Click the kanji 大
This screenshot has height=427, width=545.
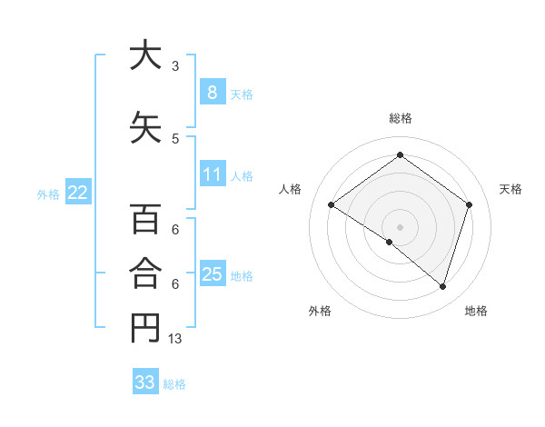click(145, 55)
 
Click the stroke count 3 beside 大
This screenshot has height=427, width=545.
click(175, 66)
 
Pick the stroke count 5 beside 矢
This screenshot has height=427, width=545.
click(175, 139)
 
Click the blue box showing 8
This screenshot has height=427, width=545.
click(212, 92)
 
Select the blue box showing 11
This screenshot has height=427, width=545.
click(212, 174)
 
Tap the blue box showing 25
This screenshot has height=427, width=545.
click(212, 274)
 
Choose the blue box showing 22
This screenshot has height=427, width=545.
click(78, 193)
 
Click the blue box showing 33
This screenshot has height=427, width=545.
click(145, 382)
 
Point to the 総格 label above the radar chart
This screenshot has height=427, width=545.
click(400, 118)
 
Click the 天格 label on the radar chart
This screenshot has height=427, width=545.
click(510, 189)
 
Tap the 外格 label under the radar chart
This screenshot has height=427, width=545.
click(320, 311)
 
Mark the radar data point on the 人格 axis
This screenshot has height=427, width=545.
click(332, 205)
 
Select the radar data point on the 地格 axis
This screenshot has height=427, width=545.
click(442, 286)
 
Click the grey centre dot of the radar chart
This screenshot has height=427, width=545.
click(400, 226)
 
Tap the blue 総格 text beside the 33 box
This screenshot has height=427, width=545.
click(174, 384)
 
